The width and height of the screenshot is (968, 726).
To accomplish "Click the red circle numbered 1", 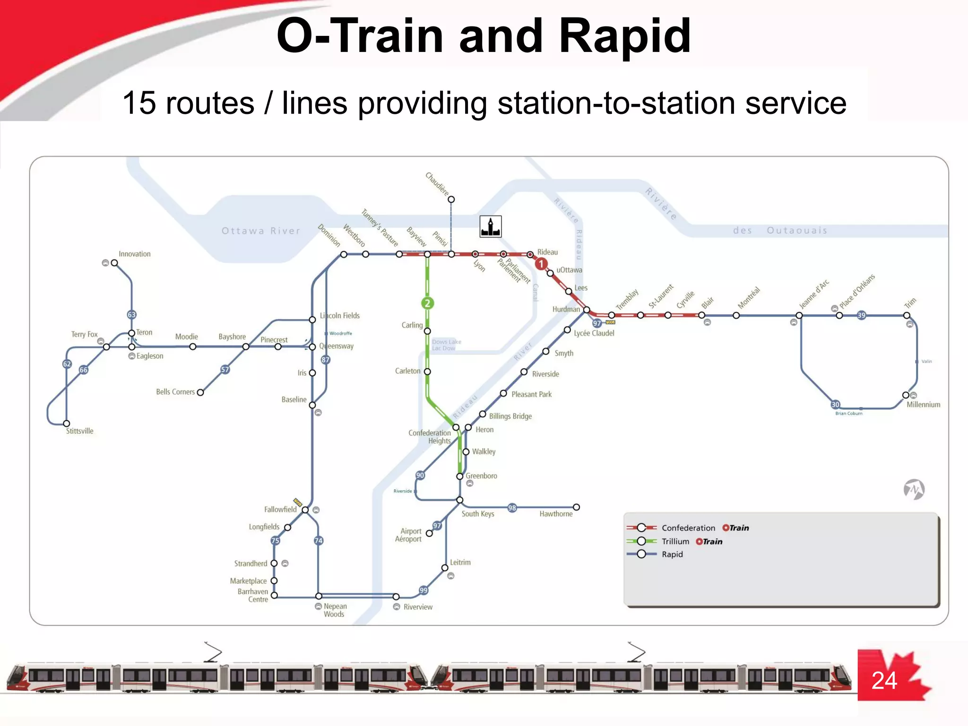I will point(541,264).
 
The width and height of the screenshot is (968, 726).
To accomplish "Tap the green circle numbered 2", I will point(427,303).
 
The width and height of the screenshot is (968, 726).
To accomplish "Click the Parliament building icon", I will point(491,226).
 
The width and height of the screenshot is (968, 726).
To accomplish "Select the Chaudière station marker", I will point(451,199).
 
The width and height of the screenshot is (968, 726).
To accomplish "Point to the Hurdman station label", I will point(566,309).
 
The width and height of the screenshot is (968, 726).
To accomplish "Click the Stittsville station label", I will point(79,431).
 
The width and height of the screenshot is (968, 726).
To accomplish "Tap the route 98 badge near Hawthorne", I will point(512,508).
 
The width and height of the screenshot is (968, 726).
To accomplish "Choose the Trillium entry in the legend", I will point(675,541).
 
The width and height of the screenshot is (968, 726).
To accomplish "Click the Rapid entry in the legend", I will point(672,554).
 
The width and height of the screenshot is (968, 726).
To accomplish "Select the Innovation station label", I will point(134,254).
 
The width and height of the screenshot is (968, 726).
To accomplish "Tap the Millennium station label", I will point(923,405).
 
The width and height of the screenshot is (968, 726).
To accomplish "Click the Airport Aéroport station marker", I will point(429,533).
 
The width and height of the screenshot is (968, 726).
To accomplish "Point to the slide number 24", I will point(884,680).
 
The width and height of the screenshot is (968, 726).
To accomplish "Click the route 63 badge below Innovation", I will point(131,315).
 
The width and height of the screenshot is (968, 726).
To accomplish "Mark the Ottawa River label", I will point(261,231).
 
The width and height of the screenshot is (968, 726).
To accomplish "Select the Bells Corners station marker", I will point(200,392).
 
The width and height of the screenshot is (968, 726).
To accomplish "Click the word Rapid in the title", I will point(625,36).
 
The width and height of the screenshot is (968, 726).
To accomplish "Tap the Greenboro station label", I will point(481,476).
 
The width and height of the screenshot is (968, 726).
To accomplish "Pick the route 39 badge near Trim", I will point(861,315).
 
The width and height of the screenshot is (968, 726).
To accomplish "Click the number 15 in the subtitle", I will point(139,103).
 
